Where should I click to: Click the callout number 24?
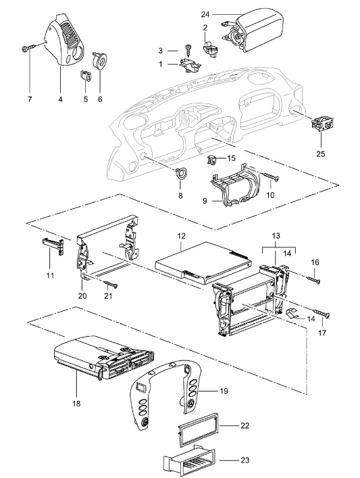(205, 14)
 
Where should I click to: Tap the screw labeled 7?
(28, 47)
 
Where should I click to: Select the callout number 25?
(320, 153)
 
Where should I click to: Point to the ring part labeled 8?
(180, 173)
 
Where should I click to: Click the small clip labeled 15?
(212, 160)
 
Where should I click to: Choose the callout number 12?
(181, 236)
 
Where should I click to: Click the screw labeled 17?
(321, 313)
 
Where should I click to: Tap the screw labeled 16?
(313, 279)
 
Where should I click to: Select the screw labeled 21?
(111, 284)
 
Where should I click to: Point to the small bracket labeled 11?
(53, 246)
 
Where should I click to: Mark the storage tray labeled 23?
(189, 461)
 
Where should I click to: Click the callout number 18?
(76, 404)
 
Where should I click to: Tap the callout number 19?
(224, 391)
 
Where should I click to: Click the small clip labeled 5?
(86, 76)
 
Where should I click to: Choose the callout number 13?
(276, 236)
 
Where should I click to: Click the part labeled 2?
(209, 49)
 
